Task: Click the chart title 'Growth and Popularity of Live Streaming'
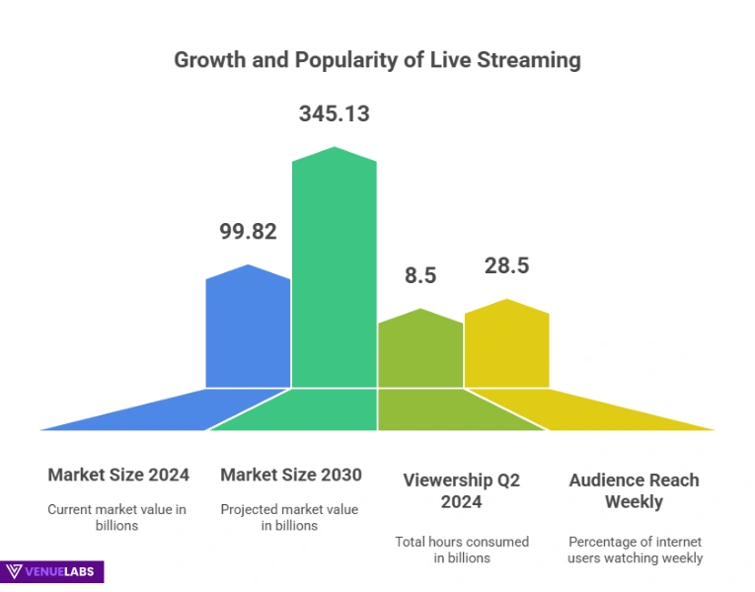point(377,59)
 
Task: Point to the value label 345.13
point(334,113)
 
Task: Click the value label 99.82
point(248,232)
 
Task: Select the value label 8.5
point(420,275)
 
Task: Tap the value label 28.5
point(506,265)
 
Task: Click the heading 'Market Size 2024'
point(118,475)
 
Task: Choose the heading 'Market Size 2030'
point(291,475)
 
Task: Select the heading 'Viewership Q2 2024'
point(461,490)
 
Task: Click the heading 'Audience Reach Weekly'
point(634,490)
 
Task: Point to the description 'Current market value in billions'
point(117,517)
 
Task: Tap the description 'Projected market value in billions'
point(290,517)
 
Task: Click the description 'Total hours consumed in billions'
point(461,550)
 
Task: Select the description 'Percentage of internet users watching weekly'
point(635,550)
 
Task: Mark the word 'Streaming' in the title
point(529,59)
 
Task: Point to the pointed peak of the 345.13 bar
point(335,148)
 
